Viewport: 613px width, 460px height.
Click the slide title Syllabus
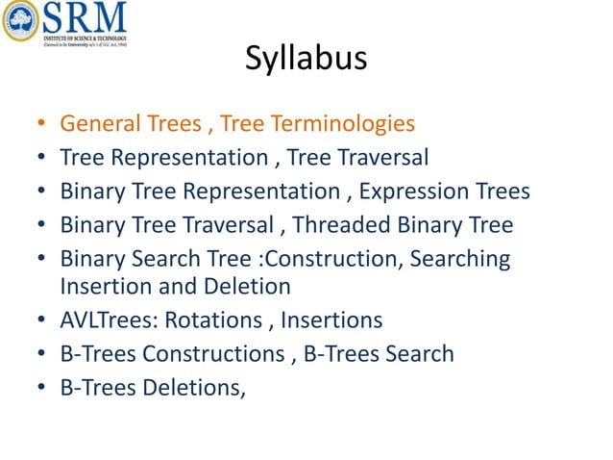coord(306,59)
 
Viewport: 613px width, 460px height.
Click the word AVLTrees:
coord(110,319)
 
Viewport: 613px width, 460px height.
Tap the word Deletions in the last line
coord(192,387)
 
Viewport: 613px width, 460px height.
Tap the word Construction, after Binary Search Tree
coord(355,259)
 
